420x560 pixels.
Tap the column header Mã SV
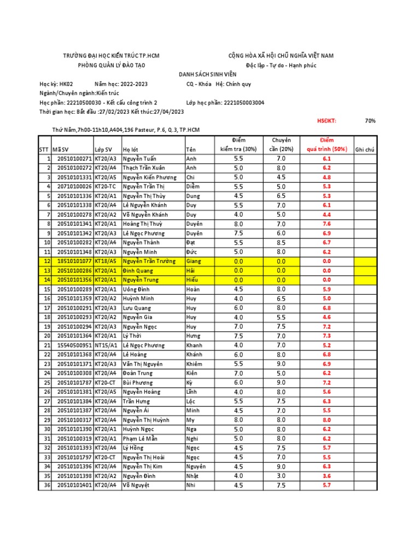point(61,149)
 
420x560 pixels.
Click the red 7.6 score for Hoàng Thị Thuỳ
point(326,224)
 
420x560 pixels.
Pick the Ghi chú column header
point(365,149)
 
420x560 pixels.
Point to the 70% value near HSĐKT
point(370,121)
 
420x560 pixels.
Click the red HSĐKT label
point(327,121)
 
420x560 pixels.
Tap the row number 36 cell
point(46,485)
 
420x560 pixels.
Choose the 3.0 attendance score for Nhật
point(281,476)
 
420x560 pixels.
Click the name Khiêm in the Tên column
point(195,364)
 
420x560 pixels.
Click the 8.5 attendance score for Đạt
point(281,243)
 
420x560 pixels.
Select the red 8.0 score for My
point(326,420)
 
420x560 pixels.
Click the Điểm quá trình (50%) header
point(326,145)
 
